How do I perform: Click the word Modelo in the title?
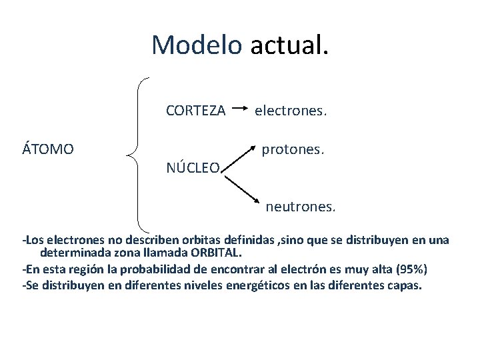point(197,45)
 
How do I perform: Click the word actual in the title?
point(289,45)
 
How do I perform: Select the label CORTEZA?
point(195,111)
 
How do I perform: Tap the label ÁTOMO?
point(48,149)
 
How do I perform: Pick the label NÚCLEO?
point(192,168)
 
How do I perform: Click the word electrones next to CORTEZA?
point(291,111)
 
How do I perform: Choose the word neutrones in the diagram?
point(301,207)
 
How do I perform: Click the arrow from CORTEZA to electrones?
point(241,107)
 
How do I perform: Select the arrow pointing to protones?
point(239,157)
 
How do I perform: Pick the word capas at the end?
point(403,285)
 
